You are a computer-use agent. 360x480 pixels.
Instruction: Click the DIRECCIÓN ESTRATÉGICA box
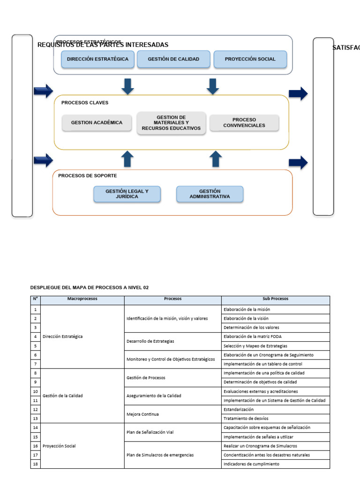(97, 60)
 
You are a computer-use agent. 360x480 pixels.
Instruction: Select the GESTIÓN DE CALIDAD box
(173, 60)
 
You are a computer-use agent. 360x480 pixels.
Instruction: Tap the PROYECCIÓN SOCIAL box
(250, 60)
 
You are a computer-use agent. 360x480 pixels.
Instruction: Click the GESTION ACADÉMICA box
(97, 123)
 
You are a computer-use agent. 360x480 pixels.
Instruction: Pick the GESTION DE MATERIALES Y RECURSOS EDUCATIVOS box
(171, 123)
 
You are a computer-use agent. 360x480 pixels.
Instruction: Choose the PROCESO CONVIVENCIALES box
(244, 123)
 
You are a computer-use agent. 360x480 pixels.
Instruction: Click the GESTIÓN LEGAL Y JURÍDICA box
(127, 194)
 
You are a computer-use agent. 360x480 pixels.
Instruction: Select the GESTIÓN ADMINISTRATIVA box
(210, 194)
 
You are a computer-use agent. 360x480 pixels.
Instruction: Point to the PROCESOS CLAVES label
(85, 103)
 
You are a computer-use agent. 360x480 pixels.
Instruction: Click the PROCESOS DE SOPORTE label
(88, 176)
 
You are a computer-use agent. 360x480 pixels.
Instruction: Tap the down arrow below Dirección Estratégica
(127, 86)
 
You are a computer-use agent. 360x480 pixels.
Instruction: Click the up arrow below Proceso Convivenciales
(215, 159)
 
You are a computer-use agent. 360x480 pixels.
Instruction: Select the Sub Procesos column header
(276, 299)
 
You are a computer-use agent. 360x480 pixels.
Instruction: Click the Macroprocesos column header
(82, 299)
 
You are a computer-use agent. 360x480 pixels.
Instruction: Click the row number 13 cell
(35, 419)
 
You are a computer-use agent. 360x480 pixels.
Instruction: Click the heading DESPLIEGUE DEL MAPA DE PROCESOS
(89, 287)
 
